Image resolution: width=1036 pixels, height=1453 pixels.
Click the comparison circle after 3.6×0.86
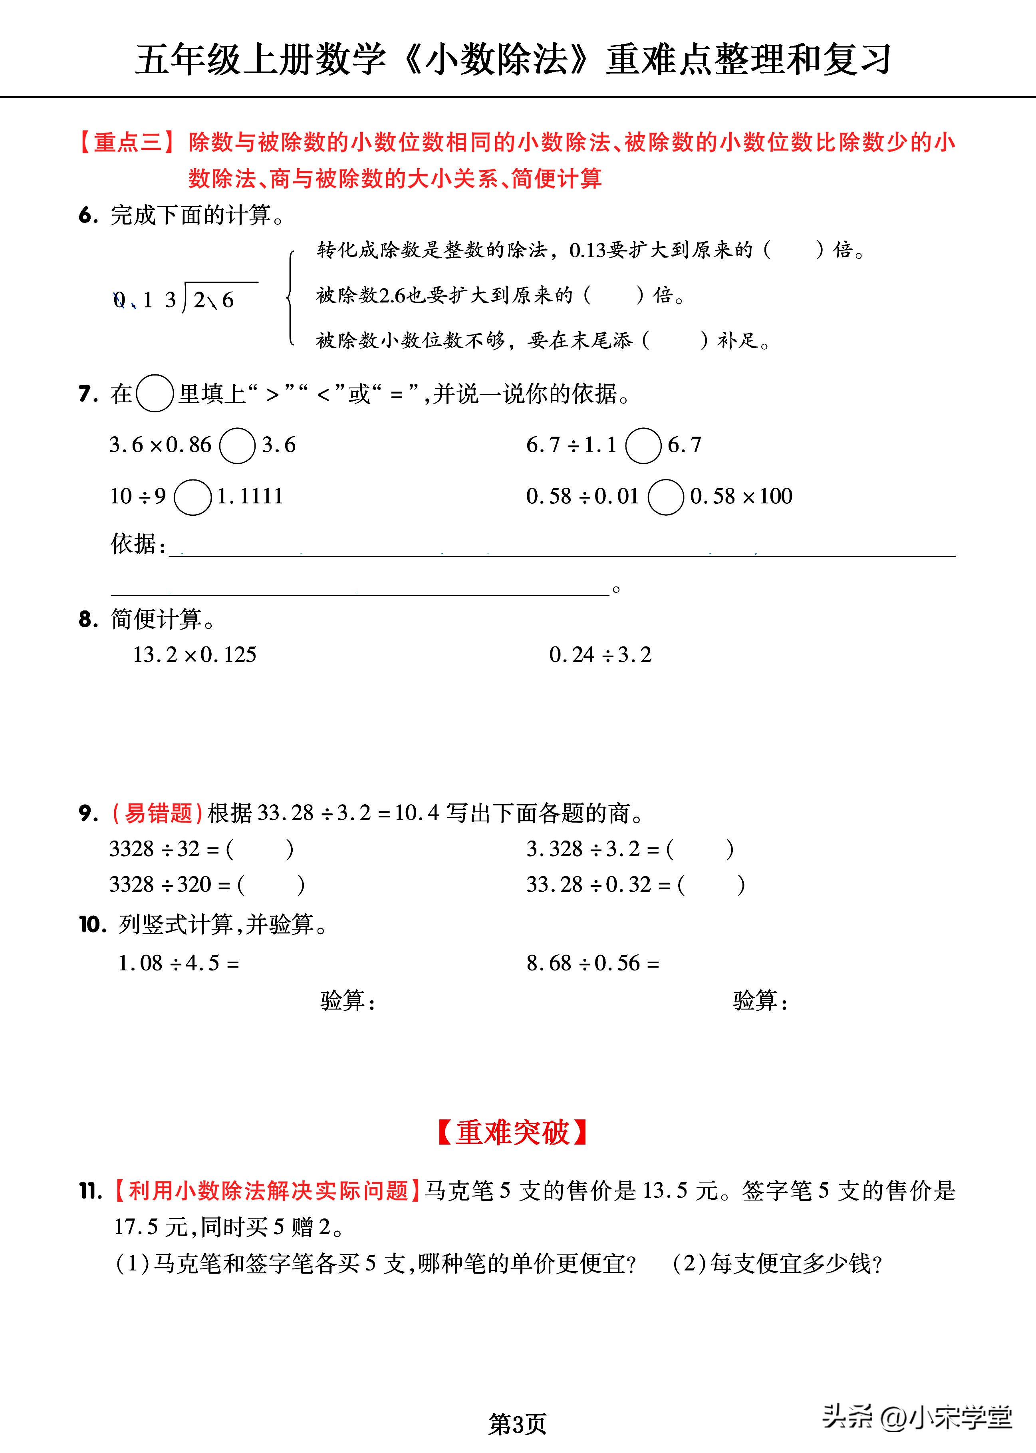coord(237,445)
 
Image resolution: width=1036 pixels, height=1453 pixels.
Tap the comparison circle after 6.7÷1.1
coord(643,445)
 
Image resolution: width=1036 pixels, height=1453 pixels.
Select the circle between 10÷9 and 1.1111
coord(192,497)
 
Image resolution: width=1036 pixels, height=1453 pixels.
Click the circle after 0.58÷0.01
coord(665,497)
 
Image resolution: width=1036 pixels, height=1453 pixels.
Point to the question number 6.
coord(88,216)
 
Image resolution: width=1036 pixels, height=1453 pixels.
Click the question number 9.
coord(88,814)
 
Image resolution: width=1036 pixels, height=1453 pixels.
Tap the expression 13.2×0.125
coord(194,655)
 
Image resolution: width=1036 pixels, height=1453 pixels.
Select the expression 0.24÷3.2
coord(600,655)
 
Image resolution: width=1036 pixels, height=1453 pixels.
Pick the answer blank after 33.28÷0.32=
coord(711,885)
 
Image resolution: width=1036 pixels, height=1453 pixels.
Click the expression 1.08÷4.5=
coord(179,963)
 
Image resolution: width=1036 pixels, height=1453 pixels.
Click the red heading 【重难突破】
coord(512,1133)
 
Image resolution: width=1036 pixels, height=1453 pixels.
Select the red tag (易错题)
coord(158,814)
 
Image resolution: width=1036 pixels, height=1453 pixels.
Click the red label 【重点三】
coord(127,142)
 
